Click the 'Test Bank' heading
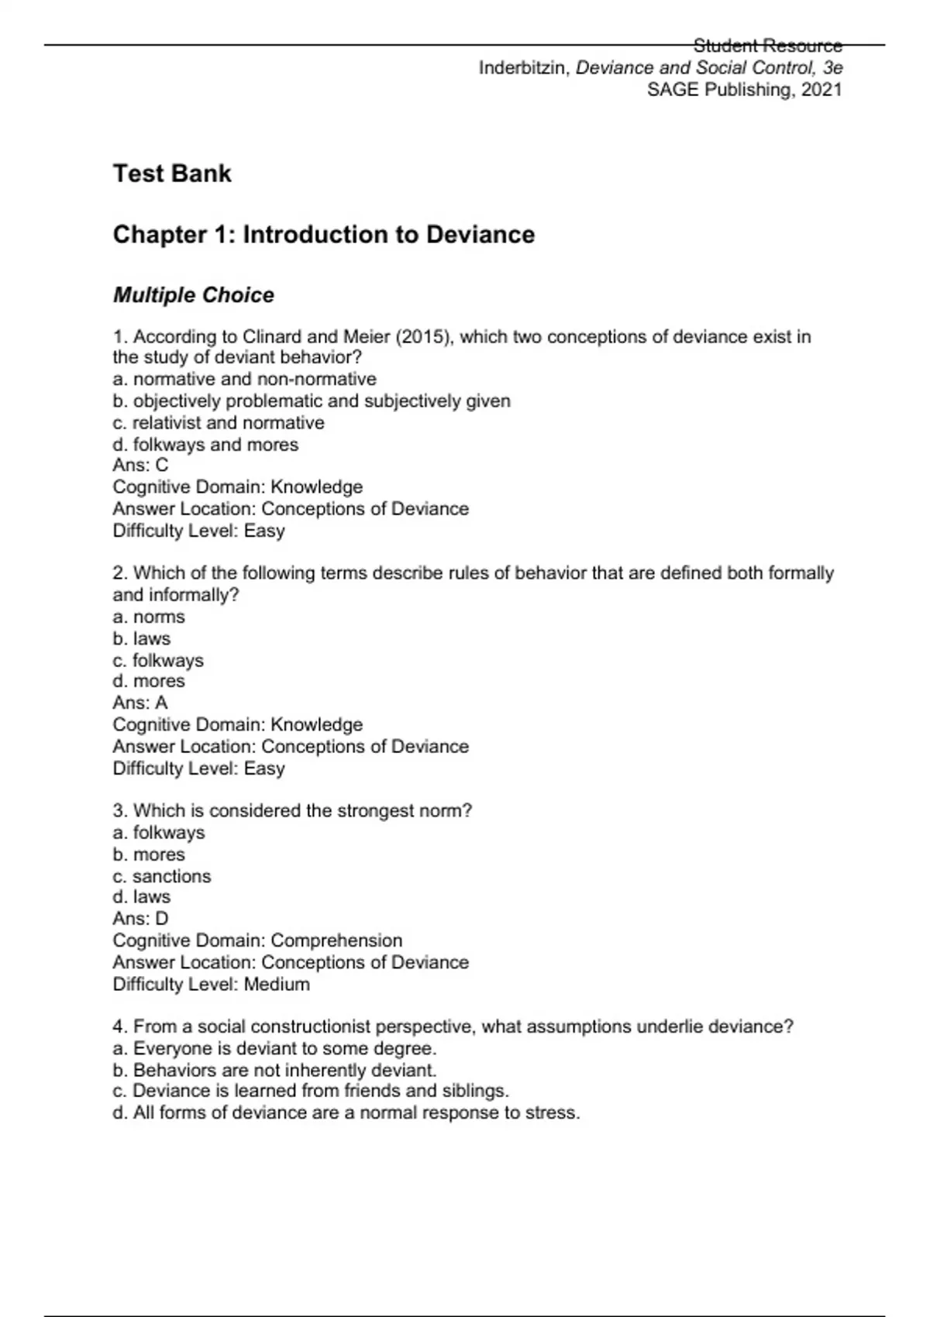[x=172, y=173]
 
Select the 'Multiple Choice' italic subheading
[x=194, y=295]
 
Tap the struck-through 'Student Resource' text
[x=767, y=46]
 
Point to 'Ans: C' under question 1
[x=140, y=465]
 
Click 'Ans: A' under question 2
[x=140, y=703]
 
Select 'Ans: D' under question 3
[x=140, y=918]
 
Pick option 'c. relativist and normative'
[x=219, y=423]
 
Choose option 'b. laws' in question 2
[x=142, y=638]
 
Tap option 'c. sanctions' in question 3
[x=162, y=876]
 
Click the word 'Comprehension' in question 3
[x=336, y=940]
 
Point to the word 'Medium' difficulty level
[x=277, y=984]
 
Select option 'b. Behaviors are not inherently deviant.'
[x=275, y=1070]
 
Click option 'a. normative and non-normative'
[x=245, y=379]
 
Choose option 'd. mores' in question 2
[x=149, y=681]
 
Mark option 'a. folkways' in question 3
[x=159, y=833]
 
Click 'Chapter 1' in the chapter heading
[x=170, y=235]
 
